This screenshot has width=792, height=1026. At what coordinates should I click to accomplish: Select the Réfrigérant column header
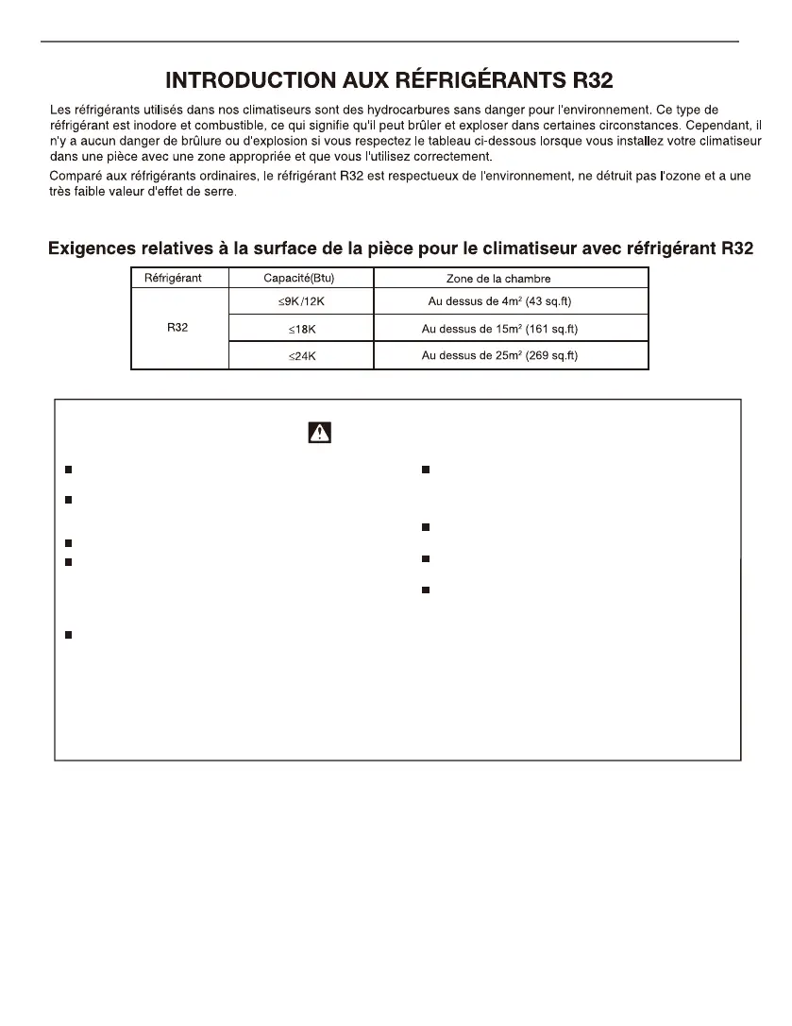[173, 279]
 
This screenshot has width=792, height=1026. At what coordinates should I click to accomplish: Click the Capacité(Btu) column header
[299, 279]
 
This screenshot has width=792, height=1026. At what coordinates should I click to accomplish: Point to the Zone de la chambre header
[497, 279]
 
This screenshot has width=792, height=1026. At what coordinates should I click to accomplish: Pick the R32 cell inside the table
[176, 329]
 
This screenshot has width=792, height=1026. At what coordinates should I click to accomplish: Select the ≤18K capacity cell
[301, 329]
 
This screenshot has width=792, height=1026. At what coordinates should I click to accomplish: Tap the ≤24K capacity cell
[301, 356]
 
